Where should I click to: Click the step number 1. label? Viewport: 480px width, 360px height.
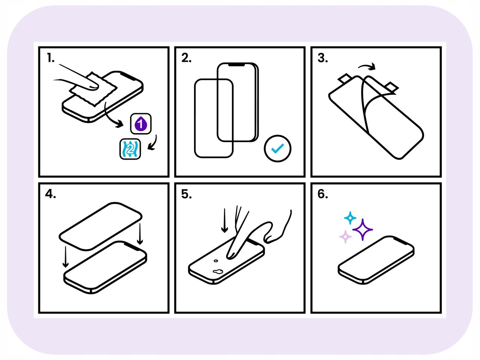[50, 58]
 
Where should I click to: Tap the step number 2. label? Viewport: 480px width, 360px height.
[186, 58]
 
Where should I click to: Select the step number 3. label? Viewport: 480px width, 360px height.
[322, 58]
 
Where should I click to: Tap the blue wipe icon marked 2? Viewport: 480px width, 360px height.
[130, 149]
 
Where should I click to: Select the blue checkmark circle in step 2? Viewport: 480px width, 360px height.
[278, 149]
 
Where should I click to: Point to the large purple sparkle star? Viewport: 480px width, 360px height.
[362, 230]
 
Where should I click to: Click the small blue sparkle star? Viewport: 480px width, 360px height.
[350, 218]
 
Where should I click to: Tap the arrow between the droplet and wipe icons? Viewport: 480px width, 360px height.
[153, 143]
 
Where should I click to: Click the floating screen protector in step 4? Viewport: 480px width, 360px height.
[100, 226]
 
